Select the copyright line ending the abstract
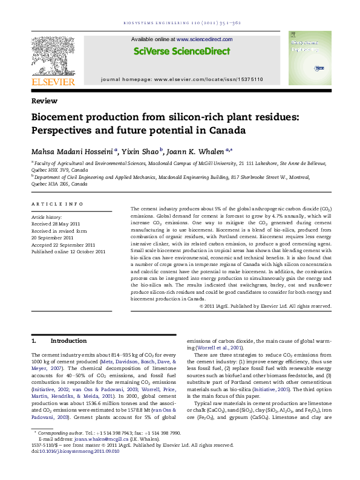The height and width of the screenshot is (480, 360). pos(265,306)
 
